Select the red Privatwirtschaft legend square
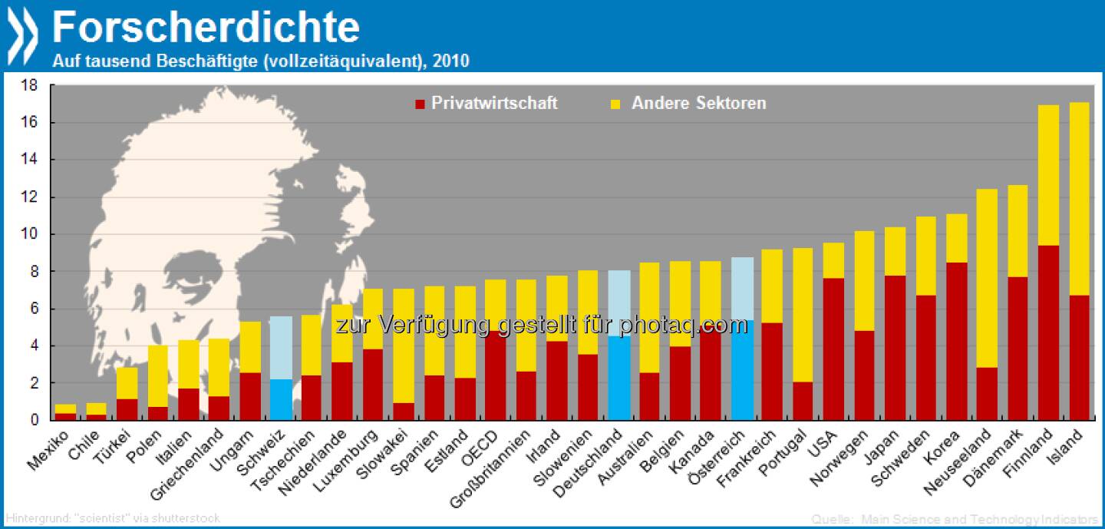pyautogui.click(x=419, y=103)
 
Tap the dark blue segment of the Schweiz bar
pyautogui.click(x=282, y=399)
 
